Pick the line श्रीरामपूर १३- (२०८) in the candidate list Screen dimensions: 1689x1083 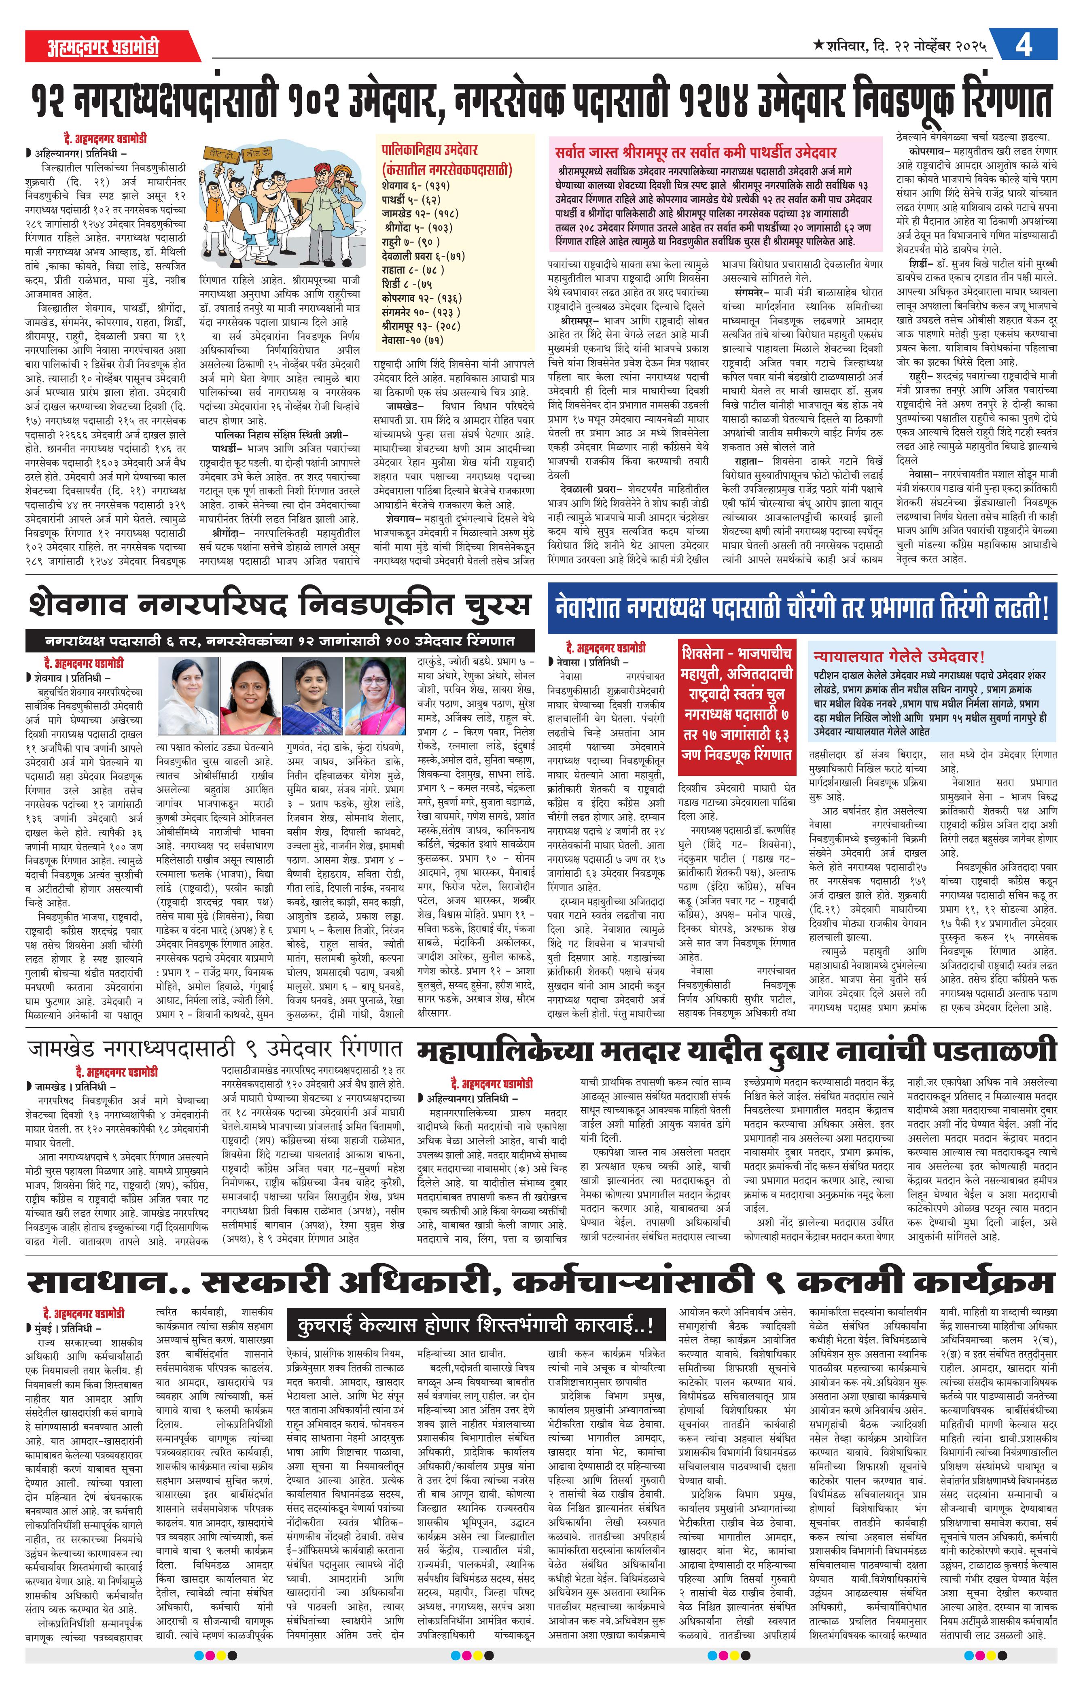pos(421,326)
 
